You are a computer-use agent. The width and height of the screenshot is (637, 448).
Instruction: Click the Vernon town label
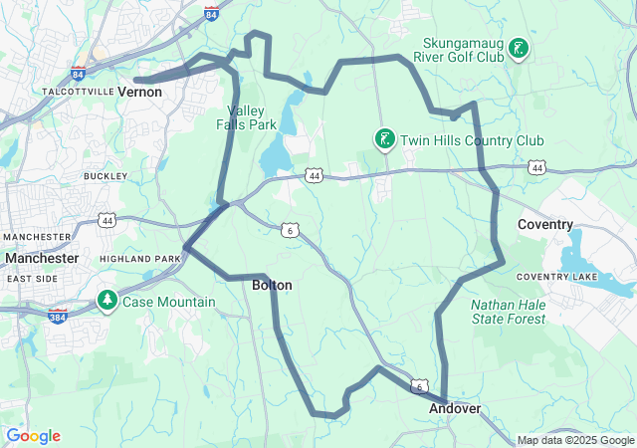point(139,91)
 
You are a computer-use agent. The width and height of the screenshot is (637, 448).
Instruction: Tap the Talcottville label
point(74,91)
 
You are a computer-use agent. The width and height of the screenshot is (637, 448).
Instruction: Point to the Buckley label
point(106,176)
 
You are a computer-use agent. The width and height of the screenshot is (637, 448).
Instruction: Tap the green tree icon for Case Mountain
point(106,300)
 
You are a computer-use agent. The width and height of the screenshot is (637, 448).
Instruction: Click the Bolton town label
point(272,285)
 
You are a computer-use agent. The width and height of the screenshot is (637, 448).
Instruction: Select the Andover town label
point(455,409)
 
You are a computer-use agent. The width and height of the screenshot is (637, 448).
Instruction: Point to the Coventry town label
point(545,225)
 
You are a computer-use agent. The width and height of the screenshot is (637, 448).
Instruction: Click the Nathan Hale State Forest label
point(508,312)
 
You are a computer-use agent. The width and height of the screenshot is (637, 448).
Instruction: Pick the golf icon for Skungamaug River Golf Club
point(519,48)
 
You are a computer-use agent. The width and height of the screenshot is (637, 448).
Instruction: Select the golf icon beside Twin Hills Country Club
point(384,139)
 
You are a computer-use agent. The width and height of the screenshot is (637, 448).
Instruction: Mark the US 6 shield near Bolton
point(290,230)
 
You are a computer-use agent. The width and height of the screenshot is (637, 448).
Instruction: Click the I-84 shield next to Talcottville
point(79,75)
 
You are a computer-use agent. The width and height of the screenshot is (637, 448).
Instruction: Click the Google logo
point(33,436)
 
